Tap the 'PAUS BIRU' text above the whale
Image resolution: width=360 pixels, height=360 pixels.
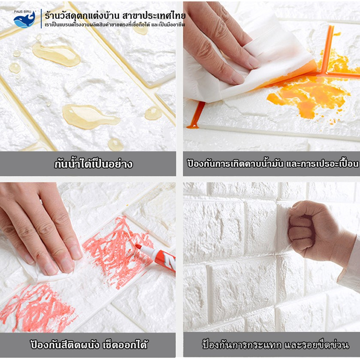pyautogui.click(x=22, y=12)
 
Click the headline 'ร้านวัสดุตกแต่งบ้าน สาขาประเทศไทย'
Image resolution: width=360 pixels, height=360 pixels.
pyautogui.click(x=115, y=15)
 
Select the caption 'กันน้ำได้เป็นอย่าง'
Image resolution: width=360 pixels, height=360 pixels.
pyautogui.click(x=94, y=164)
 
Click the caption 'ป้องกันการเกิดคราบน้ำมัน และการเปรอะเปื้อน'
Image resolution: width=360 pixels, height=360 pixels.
pyautogui.click(x=273, y=164)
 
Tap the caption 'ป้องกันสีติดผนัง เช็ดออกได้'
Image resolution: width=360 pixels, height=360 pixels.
pyautogui.click(x=89, y=345)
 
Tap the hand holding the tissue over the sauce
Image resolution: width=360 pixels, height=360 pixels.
pyautogui.click(x=221, y=41)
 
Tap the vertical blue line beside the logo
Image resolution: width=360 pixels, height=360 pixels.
pyautogui.click(x=41, y=19)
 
